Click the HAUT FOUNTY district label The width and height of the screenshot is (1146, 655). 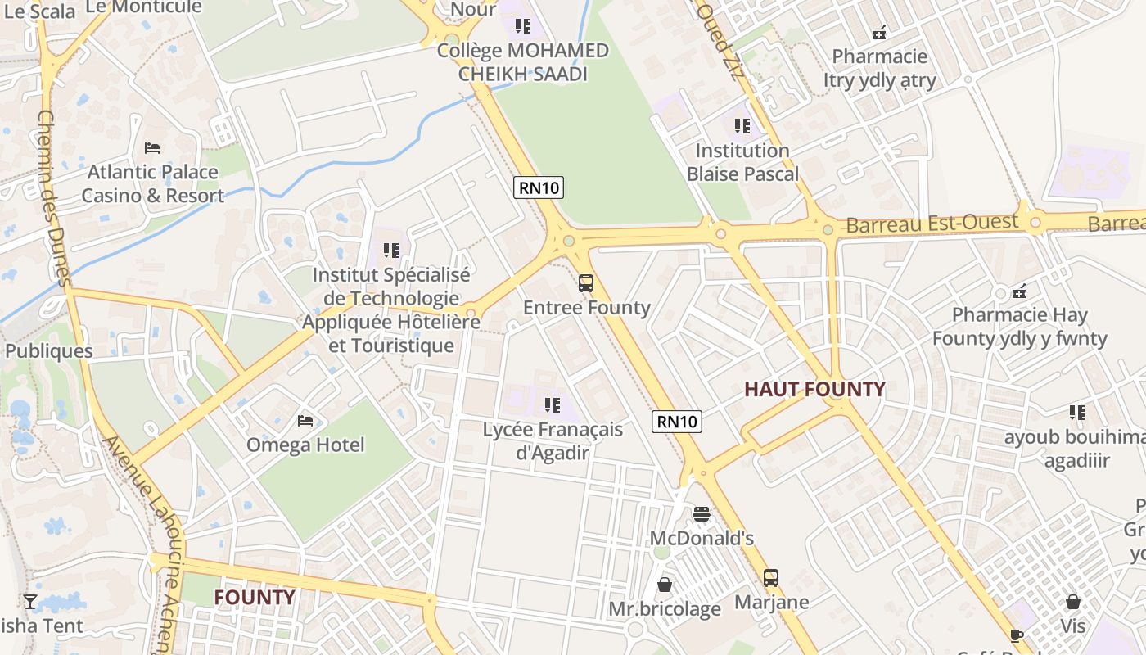[814, 389]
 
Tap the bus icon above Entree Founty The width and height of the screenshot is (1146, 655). [586, 283]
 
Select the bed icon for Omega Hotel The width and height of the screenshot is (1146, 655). [305, 421]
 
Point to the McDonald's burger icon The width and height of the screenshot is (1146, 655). [701, 514]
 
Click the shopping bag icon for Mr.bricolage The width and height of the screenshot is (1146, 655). [665, 585]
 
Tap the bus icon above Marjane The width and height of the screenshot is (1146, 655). [770, 578]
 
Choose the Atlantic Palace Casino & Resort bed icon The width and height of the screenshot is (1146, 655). [152, 148]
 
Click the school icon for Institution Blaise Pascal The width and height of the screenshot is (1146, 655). [742, 126]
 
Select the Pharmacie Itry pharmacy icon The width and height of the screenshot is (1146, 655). [879, 33]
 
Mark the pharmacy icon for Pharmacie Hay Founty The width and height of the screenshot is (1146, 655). [1019, 291]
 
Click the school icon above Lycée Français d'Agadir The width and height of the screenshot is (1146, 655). [553, 404]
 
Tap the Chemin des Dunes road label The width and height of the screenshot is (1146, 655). [55, 196]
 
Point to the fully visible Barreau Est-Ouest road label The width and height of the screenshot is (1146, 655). [932, 223]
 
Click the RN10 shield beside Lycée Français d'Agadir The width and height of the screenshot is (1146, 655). [677, 422]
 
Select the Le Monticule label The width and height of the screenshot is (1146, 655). [143, 7]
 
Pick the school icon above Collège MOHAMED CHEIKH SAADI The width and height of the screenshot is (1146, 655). [523, 26]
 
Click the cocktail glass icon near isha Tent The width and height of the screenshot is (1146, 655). [30, 602]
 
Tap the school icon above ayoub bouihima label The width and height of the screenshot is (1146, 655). [1076, 413]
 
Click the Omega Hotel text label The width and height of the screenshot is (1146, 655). [305, 445]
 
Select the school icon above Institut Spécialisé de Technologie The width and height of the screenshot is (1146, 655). [391, 250]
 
